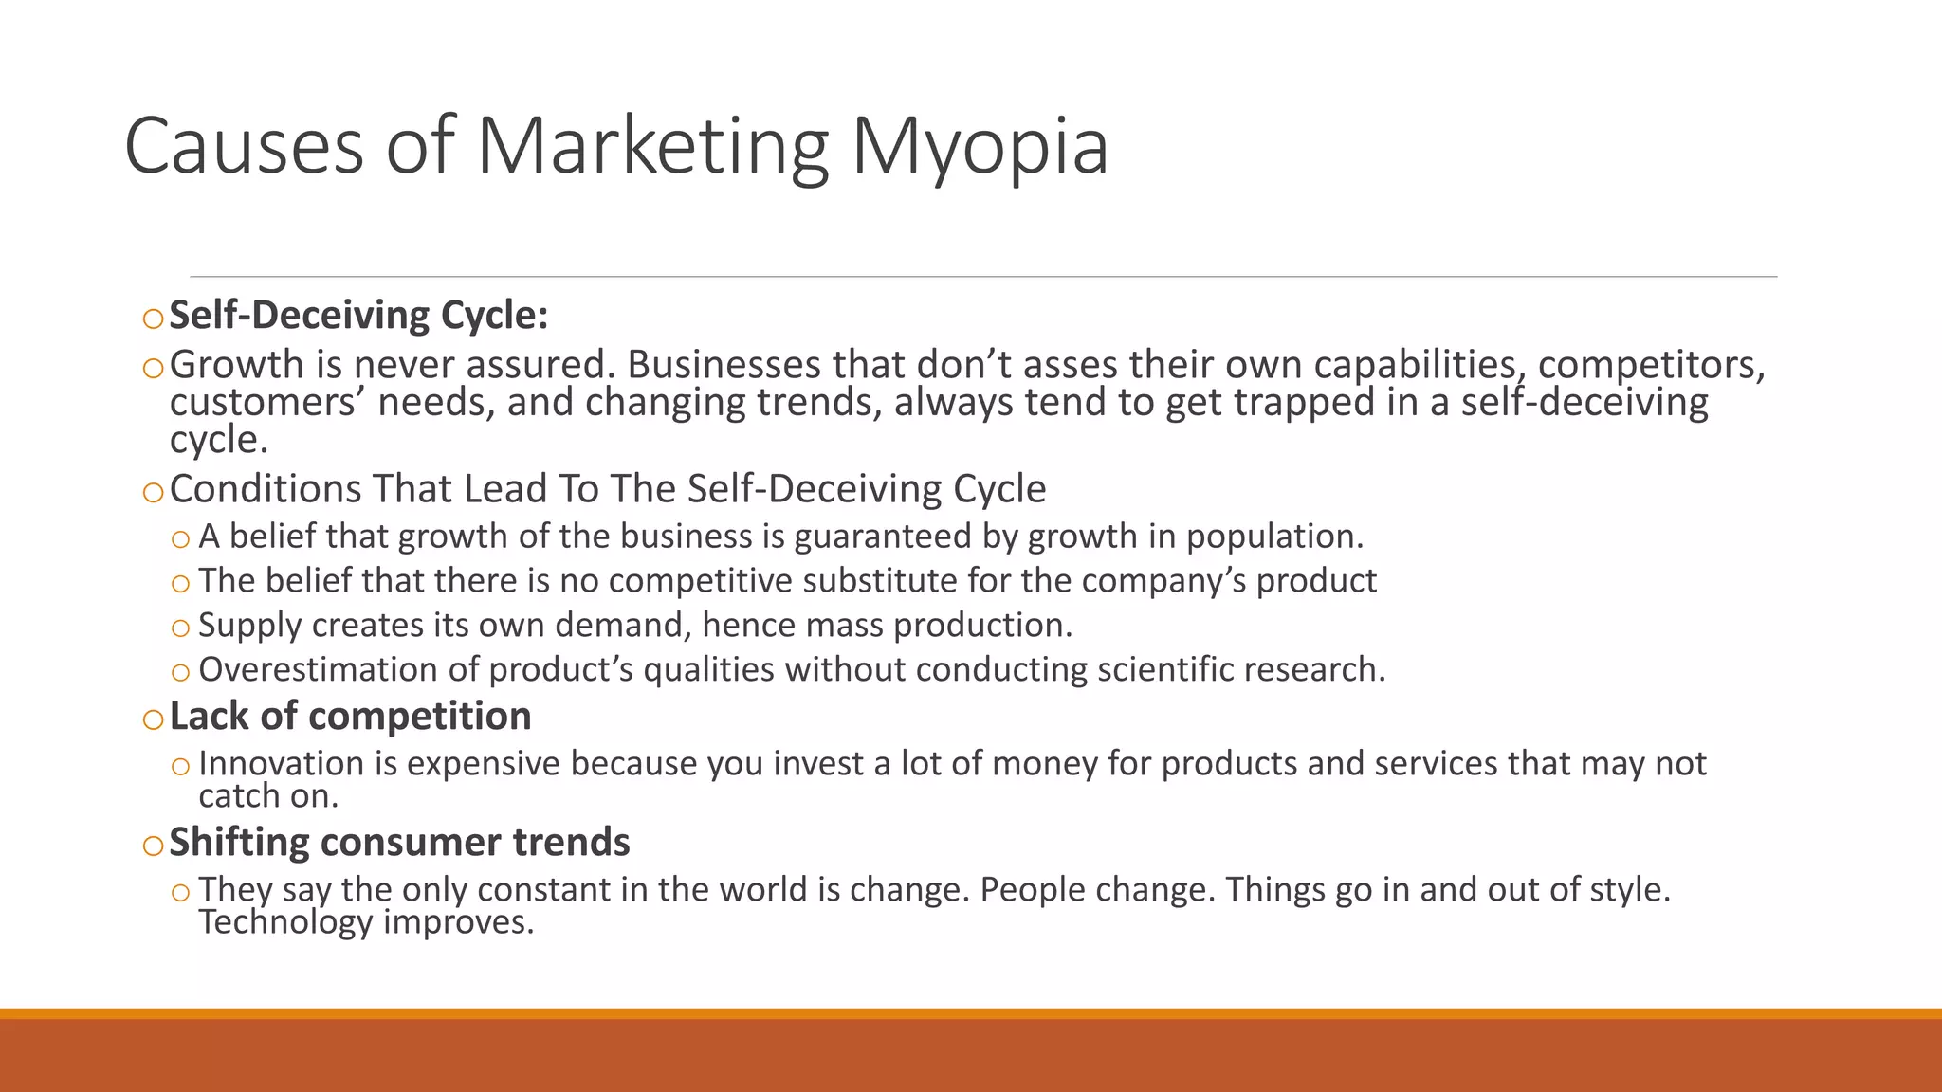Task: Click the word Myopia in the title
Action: pyautogui.click(x=980, y=147)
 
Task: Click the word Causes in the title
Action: pyautogui.click(x=244, y=147)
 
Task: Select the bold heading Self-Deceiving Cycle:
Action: pyautogui.click(x=358, y=316)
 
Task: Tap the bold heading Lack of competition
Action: pyautogui.click(x=350, y=717)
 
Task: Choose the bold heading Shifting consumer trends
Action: pyautogui.click(x=399, y=843)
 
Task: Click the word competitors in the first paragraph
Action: pyautogui.click(x=1651, y=365)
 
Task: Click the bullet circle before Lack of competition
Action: pyautogui.click(x=154, y=719)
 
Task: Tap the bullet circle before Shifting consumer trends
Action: pyautogui.click(x=154, y=846)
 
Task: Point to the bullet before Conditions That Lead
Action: pyautogui.click(x=154, y=492)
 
